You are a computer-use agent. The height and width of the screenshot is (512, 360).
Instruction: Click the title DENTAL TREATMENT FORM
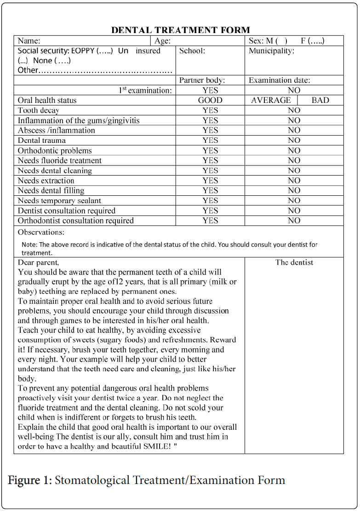click(x=180, y=30)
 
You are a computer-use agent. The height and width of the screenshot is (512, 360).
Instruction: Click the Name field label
click(x=29, y=41)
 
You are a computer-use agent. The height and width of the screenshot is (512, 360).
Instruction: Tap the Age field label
click(x=163, y=41)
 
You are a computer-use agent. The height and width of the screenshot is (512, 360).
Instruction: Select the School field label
click(x=192, y=51)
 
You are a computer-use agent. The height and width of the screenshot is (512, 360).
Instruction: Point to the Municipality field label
click(x=271, y=51)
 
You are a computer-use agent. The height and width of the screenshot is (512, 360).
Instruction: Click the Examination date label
click(x=279, y=80)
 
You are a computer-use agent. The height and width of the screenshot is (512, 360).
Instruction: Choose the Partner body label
click(x=202, y=80)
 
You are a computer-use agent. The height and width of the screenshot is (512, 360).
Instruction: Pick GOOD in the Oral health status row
click(x=210, y=100)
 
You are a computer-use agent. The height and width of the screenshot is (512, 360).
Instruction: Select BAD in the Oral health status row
click(x=320, y=100)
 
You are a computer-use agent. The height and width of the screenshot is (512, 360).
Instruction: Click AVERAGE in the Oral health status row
click(x=271, y=100)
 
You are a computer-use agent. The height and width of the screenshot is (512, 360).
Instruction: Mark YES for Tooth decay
click(x=210, y=110)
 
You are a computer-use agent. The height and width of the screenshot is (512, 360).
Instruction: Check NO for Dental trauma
click(x=294, y=141)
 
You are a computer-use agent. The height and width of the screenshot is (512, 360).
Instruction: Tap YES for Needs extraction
click(x=210, y=181)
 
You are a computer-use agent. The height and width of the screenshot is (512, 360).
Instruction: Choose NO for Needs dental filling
click(x=294, y=191)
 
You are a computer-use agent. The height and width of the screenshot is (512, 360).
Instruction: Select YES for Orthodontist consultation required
click(x=210, y=221)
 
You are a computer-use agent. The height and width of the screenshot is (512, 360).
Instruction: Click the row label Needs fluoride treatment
click(x=60, y=160)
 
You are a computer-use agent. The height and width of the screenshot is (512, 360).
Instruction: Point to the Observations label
click(x=41, y=232)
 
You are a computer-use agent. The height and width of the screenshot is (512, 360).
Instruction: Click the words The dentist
click(x=294, y=262)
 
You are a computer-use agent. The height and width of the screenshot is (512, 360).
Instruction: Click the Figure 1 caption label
click(x=30, y=481)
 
